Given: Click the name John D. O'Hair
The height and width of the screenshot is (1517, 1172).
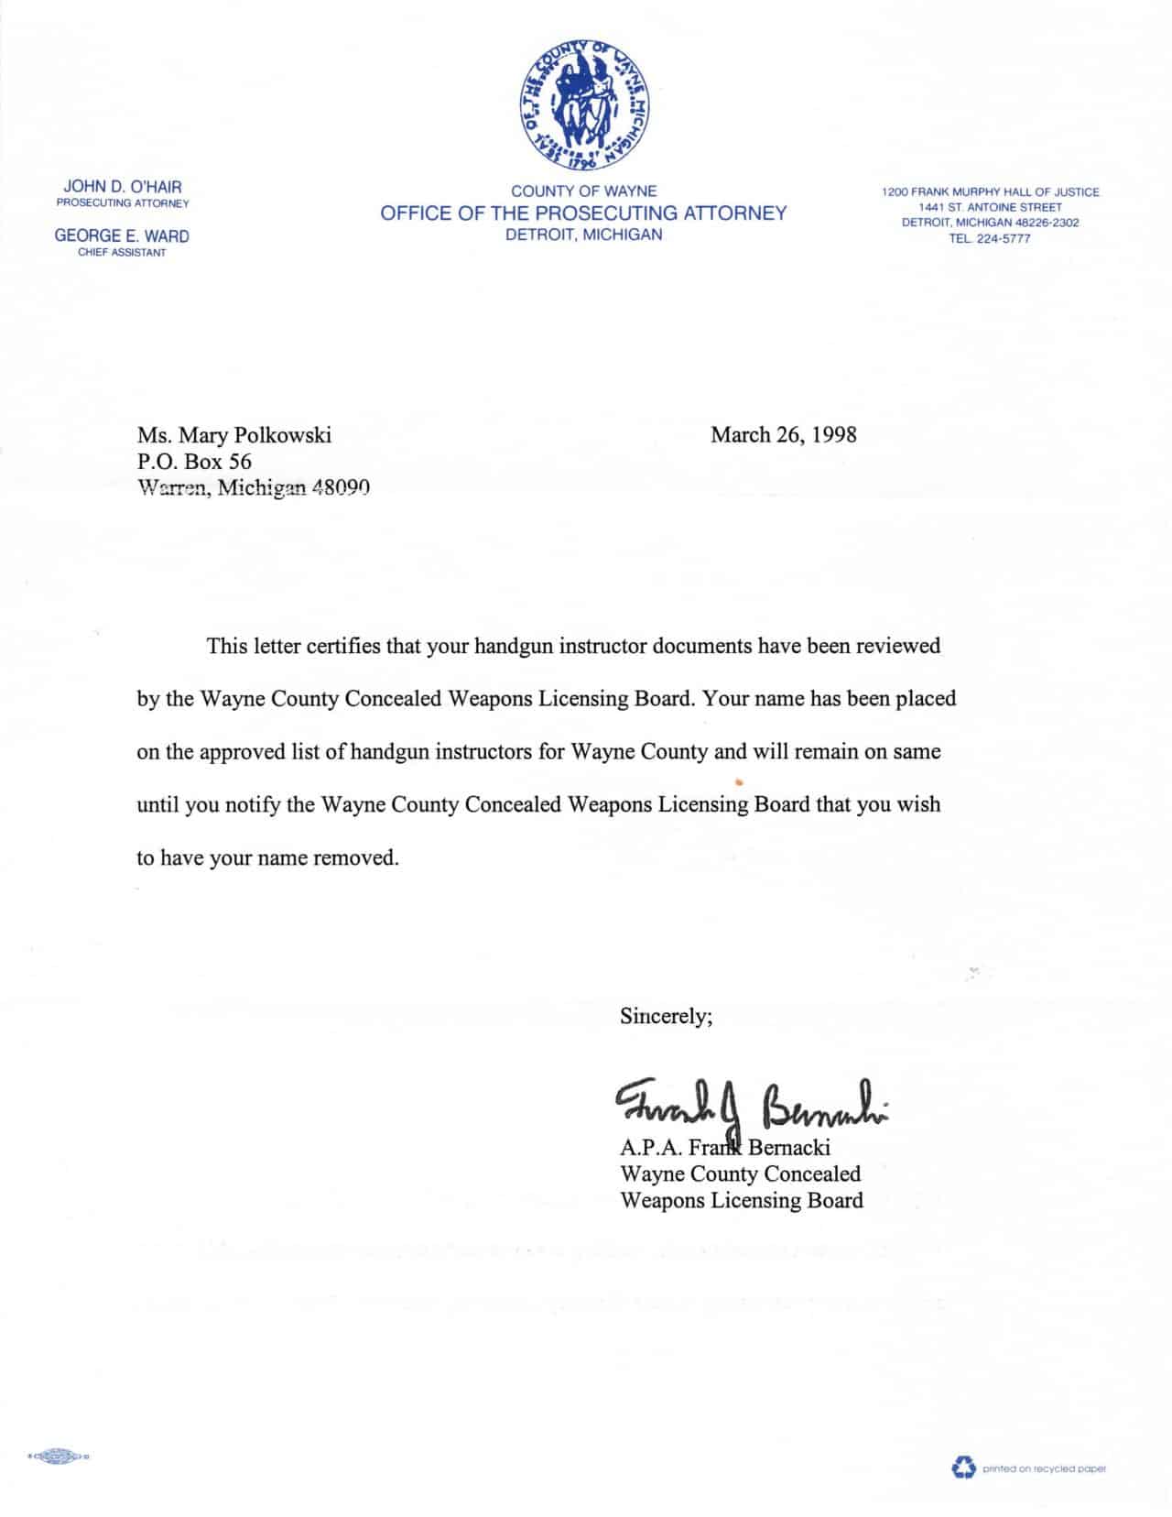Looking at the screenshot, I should click(x=123, y=187).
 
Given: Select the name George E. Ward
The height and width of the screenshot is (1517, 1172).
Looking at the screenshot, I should click(x=122, y=235).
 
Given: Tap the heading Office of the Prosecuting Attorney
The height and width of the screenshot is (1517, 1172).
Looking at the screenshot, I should click(x=583, y=213).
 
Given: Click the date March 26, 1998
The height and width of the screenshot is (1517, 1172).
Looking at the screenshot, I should click(x=783, y=434).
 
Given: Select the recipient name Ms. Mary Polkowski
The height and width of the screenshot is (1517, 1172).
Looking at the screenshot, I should click(x=233, y=435).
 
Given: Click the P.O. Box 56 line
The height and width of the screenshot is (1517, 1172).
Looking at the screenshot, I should click(x=194, y=462).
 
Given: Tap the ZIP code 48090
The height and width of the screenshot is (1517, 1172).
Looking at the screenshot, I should click(x=341, y=488).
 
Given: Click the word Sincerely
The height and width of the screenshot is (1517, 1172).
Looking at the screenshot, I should click(x=666, y=1015).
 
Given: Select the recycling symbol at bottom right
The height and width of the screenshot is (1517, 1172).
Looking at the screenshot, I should click(x=964, y=1468).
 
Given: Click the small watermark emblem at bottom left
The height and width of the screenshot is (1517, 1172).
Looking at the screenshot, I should click(x=59, y=1455).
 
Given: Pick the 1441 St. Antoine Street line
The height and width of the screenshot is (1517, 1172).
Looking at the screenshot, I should click(x=991, y=207).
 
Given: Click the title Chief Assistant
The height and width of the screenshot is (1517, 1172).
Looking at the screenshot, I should click(x=122, y=253).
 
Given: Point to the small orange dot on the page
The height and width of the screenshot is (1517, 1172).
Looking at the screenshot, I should click(x=738, y=781).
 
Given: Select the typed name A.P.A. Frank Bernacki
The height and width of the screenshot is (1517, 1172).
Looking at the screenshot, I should click(x=724, y=1147).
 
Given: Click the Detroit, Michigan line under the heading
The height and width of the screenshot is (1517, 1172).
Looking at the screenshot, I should click(x=583, y=235).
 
